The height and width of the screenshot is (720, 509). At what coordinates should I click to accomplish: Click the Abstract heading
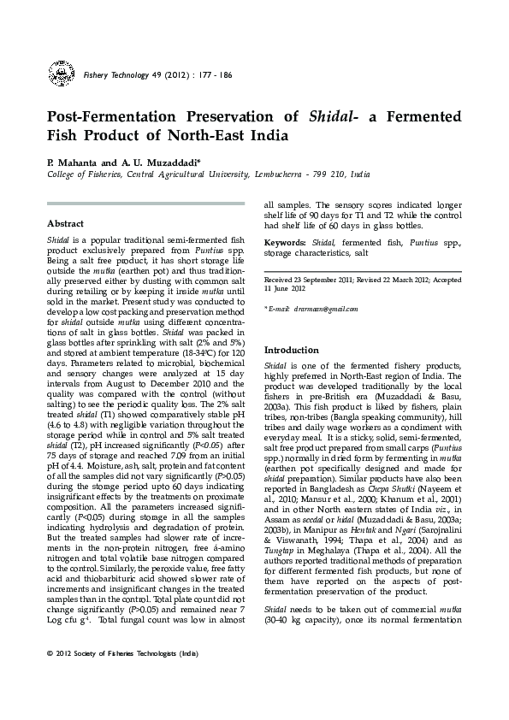tap(65, 223)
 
